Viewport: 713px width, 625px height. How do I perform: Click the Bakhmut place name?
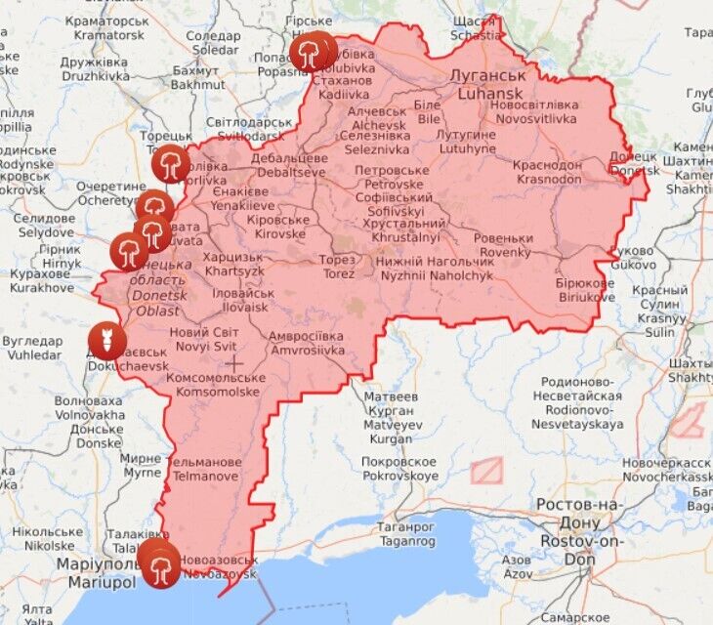pyautogui.click(x=197, y=78)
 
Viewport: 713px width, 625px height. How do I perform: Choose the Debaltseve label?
pyautogui.click(x=288, y=165)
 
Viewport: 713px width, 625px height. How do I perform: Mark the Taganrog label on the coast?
pyautogui.click(x=380, y=533)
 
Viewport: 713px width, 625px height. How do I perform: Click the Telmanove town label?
pyautogui.click(x=206, y=469)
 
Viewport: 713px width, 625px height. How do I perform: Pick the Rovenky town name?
pyautogui.click(x=505, y=245)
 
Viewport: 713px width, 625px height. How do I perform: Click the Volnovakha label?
pyautogui.click(x=89, y=407)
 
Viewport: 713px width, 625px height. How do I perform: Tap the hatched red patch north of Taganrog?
pyautogui.click(x=485, y=471)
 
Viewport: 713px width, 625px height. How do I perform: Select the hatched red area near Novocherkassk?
pyautogui.click(x=688, y=420)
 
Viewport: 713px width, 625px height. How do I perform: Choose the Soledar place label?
pyautogui.click(x=214, y=42)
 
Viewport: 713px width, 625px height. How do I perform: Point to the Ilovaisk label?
pyautogui.click(x=240, y=300)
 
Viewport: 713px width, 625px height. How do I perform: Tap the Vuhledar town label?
pyautogui.click(x=31, y=349)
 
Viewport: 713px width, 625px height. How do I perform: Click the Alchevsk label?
pyautogui.click(x=378, y=119)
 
